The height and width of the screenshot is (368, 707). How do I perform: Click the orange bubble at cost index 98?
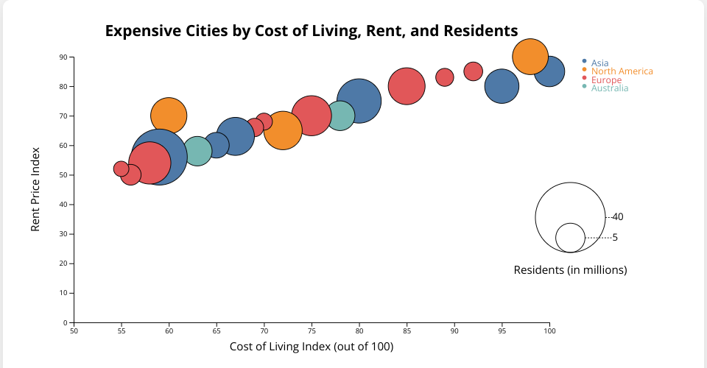(530, 57)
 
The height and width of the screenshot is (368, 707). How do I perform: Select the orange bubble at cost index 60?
(169, 116)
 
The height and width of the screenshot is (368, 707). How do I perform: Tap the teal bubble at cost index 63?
(197, 151)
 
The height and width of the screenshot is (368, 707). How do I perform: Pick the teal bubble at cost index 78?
(340, 116)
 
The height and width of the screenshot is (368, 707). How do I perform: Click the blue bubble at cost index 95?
(502, 86)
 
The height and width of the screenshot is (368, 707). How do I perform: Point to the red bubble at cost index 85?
(407, 86)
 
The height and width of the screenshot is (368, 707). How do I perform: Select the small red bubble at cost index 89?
(445, 77)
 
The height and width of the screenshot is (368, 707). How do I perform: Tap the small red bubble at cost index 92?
(474, 71)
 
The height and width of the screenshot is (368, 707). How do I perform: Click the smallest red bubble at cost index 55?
(122, 169)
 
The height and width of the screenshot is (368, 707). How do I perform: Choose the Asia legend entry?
(599, 63)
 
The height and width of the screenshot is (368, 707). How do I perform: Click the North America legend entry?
(622, 71)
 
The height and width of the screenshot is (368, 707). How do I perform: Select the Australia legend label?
(610, 88)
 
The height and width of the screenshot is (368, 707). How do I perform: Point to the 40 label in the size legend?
(618, 217)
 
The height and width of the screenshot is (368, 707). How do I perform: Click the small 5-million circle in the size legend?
(570, 238)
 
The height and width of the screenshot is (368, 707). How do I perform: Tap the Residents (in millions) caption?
(570, 270)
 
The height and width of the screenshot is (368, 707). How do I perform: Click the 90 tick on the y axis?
(63, 57)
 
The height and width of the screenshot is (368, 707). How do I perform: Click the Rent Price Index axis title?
(35, 189)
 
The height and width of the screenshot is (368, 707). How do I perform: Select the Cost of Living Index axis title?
(311, 347)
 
